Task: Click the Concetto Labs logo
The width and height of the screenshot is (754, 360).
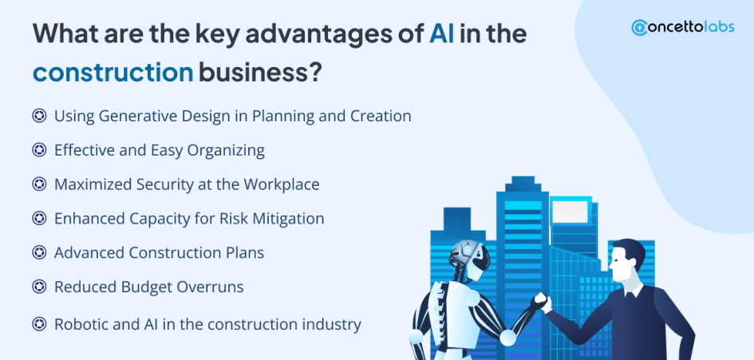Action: point(682,27)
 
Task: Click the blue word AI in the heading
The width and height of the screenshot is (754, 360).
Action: point(441,35)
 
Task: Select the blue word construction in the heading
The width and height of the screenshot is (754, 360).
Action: point(113,73)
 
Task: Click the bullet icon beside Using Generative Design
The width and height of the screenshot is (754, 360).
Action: point(39,116)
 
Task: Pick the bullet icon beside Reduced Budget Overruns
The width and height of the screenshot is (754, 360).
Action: point(39,287)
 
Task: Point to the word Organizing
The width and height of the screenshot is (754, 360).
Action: point(226,151)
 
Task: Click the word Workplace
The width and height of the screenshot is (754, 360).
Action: point(282,184)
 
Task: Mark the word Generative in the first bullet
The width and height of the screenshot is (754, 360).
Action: point(141,116)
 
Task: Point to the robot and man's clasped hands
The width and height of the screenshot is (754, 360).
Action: point(543,303)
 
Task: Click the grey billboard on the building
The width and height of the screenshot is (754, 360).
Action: point(570,212)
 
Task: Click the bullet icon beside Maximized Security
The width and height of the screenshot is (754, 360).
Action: point(39,184)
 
